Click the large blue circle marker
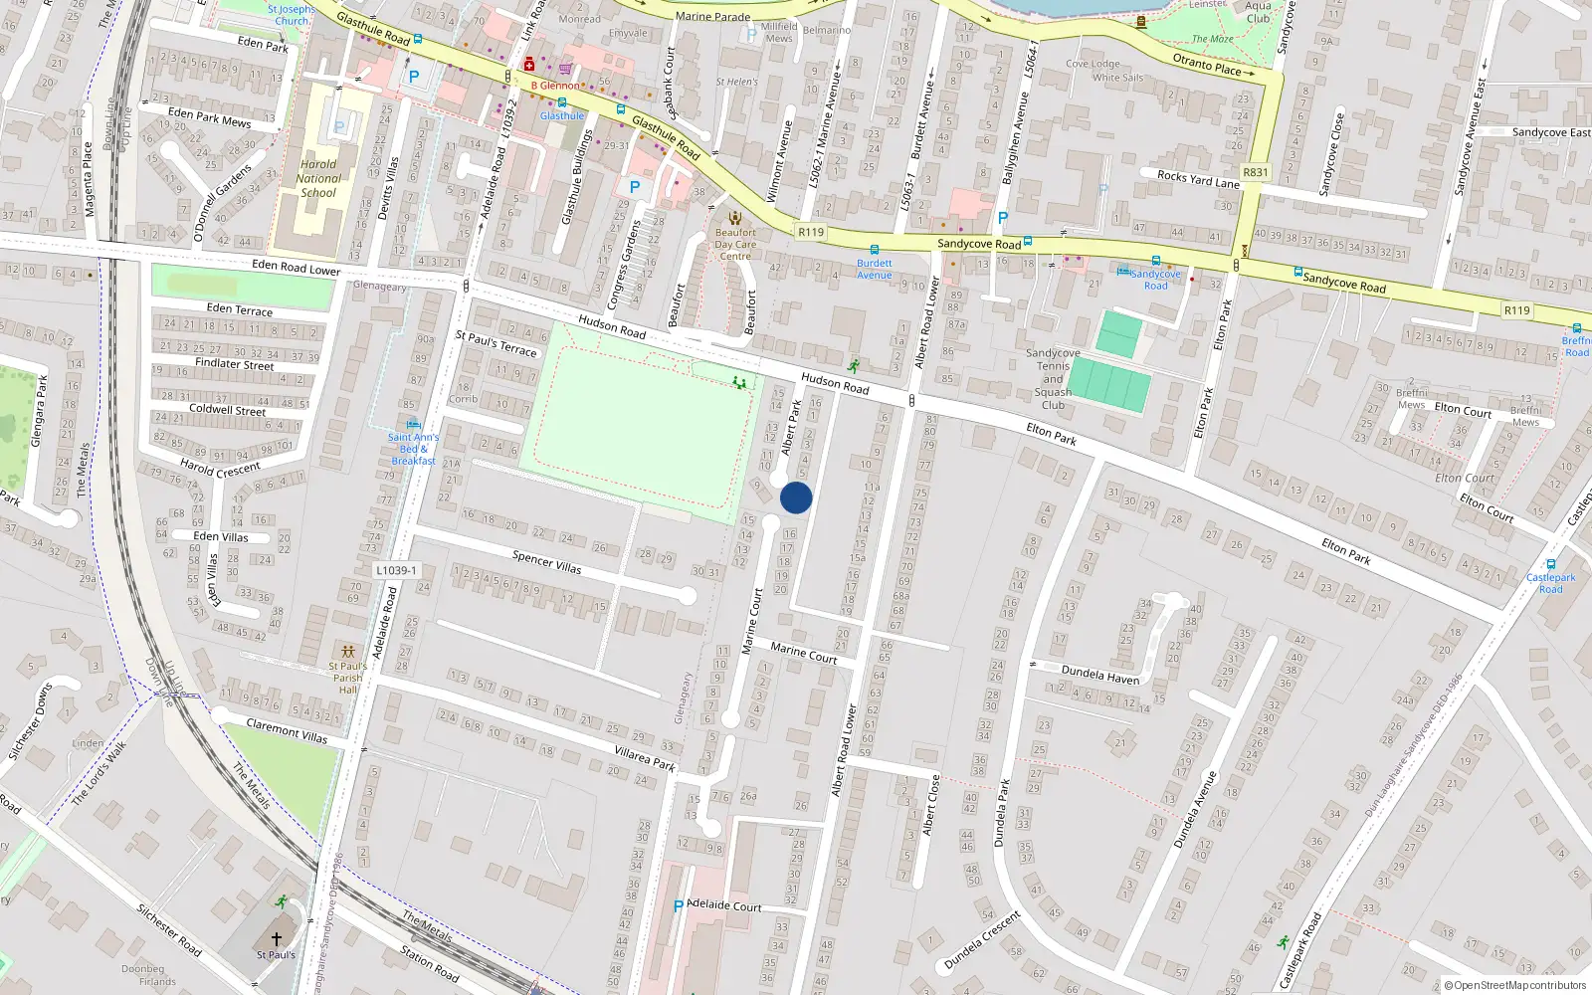point(796,497)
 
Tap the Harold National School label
point(318,179)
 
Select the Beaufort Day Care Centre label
point(735,244)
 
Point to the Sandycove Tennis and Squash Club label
point(1053,379)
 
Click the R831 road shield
point(1256,172)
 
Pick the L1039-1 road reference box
point(396,570)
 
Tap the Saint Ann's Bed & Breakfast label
point(413,449)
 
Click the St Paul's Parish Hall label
point(347,678)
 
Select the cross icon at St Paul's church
point(277,938)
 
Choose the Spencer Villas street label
point(546,562)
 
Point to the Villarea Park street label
point(644,758)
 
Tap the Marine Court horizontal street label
point(803,653)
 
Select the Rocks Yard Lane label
point(1198,179)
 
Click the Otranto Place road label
point(1206,65)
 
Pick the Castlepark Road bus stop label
point(1550,583)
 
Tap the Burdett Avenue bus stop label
point(874,270)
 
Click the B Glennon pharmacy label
point(554,86)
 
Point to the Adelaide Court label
point(724,905)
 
